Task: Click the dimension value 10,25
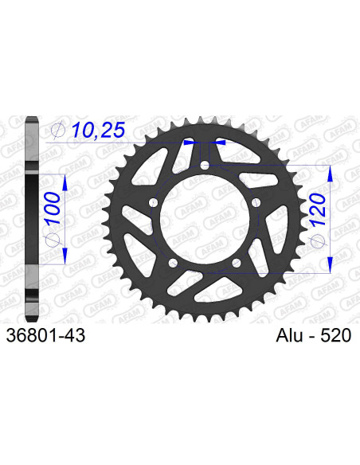click(99, 129)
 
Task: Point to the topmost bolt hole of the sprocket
click(205, 166)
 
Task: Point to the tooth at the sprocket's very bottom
click(205, 321)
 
